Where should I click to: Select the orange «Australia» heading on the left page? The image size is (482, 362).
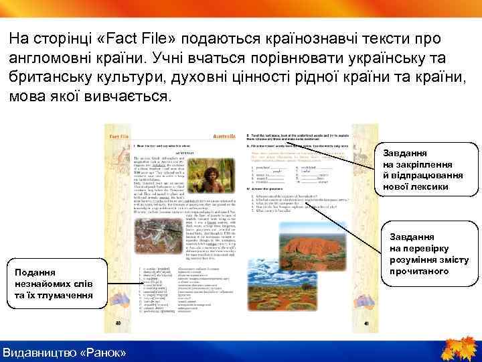click(x=224, y=137)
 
